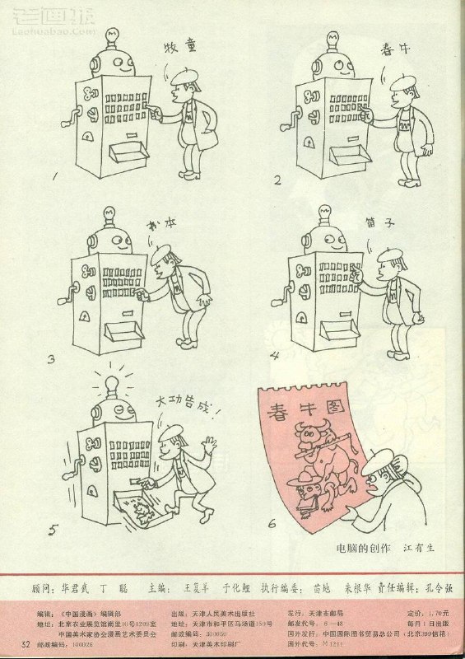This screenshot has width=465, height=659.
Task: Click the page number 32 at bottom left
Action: (x=27, y=643)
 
